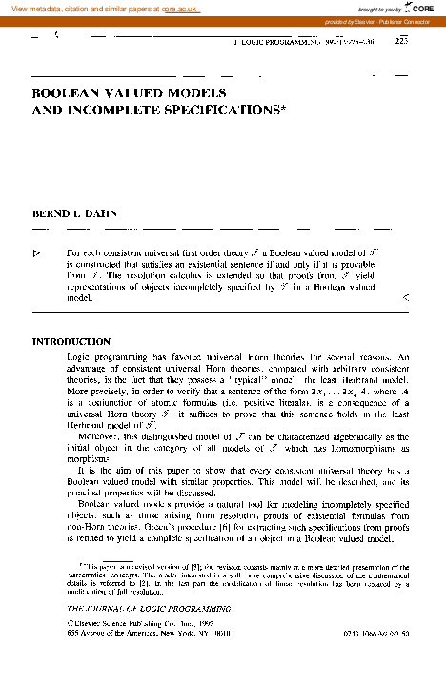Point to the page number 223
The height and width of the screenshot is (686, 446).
[403, 41]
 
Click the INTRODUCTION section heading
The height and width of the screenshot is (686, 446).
[71, 341]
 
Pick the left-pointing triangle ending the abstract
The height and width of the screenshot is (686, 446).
[407, 297]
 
